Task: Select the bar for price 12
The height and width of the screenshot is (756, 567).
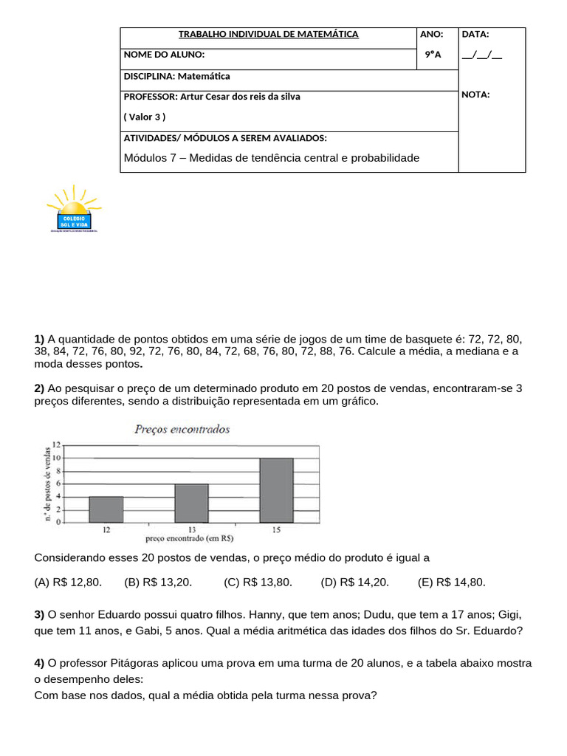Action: click(x=106, y=509)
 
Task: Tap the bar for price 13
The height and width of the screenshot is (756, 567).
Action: click(x=191, y=503)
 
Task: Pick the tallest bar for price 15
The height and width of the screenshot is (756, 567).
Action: click(x=276, y=489)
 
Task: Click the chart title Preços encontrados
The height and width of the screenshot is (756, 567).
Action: click(x=182, y=429)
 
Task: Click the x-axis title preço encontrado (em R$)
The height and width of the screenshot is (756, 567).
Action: click(x=191, y=538)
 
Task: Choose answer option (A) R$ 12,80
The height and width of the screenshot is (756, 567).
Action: click(x=69, y=583)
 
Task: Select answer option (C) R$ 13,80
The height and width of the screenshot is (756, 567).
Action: click(x=258, y=583)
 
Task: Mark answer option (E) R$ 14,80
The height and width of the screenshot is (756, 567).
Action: click(x=451, y=583)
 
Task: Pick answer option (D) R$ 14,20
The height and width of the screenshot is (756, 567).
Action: click(x=354, y=583)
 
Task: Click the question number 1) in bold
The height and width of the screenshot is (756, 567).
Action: click(x=40, y=339)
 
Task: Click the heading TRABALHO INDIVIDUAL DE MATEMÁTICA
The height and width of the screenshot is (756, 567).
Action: click(x=269, y=34)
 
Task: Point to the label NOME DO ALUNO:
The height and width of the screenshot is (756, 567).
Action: click(x=165, y=55)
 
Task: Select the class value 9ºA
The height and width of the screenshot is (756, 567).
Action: click(x=433, y=55)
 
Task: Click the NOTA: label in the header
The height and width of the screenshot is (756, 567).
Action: click(x=475, y=94)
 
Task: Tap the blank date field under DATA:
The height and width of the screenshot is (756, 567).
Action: click(x=481, y=55)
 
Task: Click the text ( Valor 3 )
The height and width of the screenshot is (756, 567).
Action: click(x=145, y=117)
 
